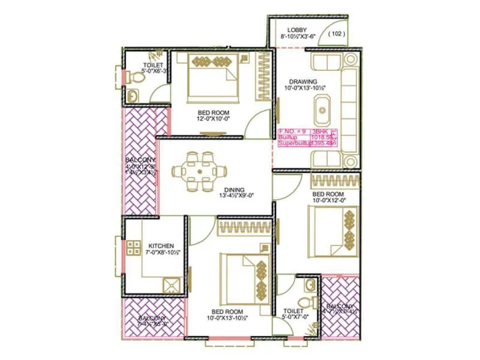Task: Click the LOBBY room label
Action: (x=297, y=29)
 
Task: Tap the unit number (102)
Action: (x=338, y=34)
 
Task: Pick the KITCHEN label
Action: (x=161, y=246)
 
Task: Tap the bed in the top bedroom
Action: (x=209, y=78)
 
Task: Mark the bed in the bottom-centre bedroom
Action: (x=243, y=276)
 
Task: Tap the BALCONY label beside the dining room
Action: (x=141, y=160)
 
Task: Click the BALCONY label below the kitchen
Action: (x=152, y=319)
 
